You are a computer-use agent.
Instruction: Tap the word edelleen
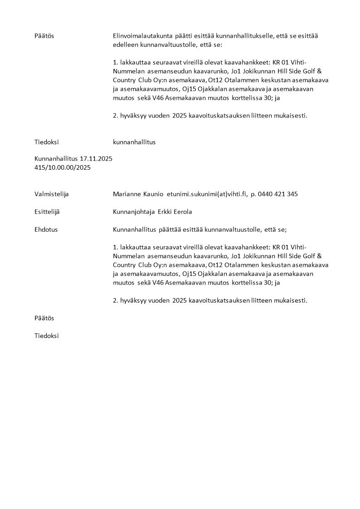(x=126, y=45)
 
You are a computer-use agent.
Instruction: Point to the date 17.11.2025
(x=96, y=158)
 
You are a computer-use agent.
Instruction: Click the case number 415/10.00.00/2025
(x=63, y=167)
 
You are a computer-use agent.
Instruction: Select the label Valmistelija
(x=52, y=194)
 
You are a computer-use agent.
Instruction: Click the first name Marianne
(x=127, y=194)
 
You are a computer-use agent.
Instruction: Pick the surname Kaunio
(x=154, y=194)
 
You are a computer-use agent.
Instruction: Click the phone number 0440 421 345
(x=277, y=194)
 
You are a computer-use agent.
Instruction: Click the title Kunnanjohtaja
(x=134, y=212)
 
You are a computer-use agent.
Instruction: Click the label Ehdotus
(x=46, y=230)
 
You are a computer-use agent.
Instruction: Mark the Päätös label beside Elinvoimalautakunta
(x=44, y=36)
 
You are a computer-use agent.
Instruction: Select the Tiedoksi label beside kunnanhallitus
(x=47, y=142)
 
